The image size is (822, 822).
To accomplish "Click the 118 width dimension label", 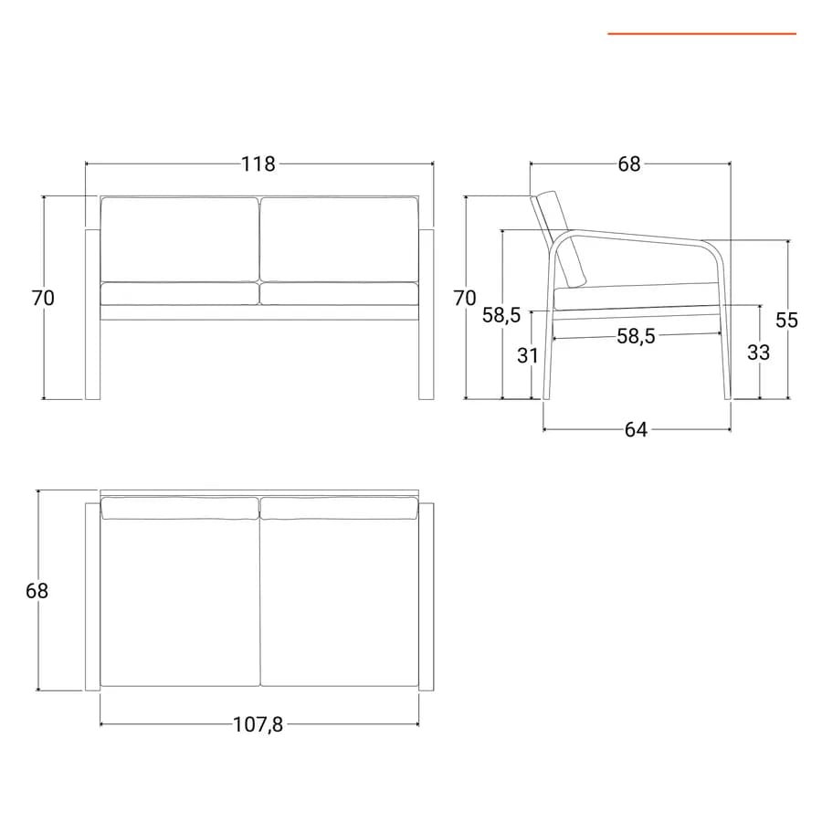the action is click(258, 164).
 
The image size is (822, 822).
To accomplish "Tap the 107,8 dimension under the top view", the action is click(258, 724).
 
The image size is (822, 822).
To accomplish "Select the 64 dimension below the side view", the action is click(636, 430).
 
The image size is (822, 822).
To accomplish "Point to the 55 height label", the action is click(787, 320).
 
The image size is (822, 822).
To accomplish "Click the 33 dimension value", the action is click(759, 353).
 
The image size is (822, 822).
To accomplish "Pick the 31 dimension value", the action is click(528, 355).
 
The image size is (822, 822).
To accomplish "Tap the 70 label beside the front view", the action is click(43, 298).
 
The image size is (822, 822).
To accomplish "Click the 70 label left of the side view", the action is click(465, 298).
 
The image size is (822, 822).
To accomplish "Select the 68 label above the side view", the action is click(629, 164).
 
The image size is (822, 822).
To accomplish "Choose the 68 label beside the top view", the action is click(37, 591).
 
